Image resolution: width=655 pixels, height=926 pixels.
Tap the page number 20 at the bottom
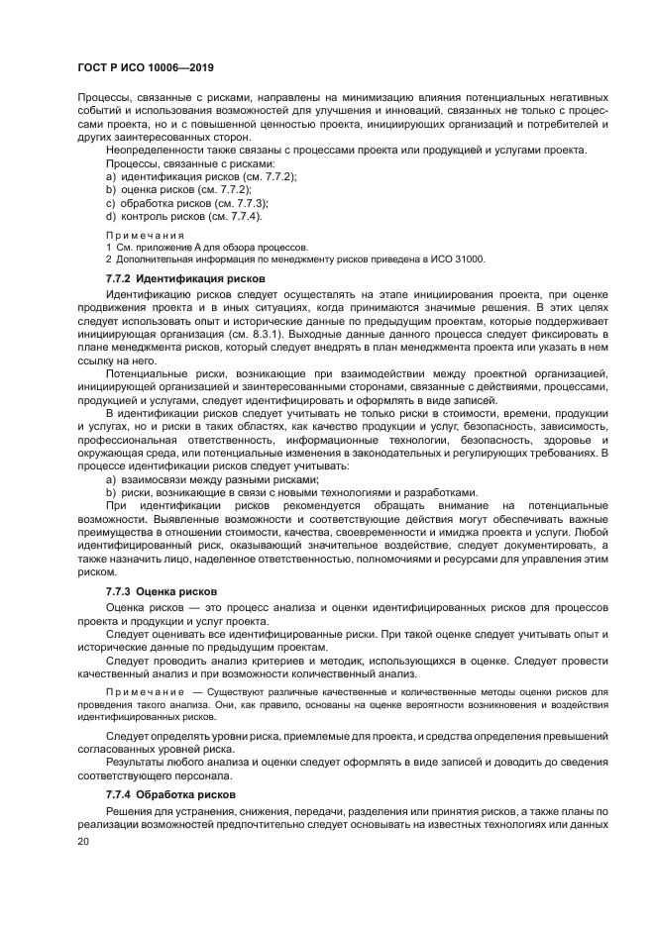(x=84, y=840)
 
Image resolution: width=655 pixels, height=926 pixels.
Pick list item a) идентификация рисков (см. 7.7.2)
(x=201, y=175)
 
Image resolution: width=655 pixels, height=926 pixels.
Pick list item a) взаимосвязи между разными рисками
(x=212, y=478)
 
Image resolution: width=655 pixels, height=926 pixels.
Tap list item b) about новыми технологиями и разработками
(x=291, y=492)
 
